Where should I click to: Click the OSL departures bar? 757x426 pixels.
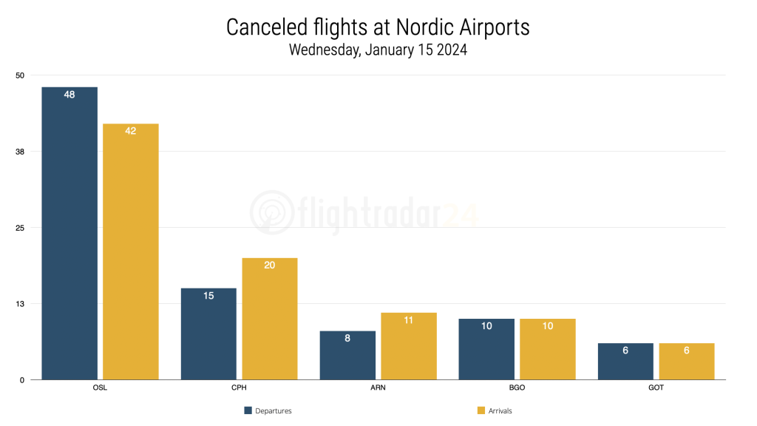pos(69,233)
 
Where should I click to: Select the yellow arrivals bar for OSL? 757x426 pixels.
pos(131,251)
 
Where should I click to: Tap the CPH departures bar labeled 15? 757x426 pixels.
pos(208,334)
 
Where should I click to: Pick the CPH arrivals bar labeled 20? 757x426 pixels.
pos(270,319)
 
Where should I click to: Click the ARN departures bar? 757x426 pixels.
pos(347,355)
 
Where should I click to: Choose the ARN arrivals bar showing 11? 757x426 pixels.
pos(409,346)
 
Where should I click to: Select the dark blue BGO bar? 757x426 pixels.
pos(486,349)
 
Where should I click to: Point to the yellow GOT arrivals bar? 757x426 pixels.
pos(687,361)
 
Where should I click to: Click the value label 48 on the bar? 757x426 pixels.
pos(69,95)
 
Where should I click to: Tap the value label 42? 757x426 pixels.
pos(131,131)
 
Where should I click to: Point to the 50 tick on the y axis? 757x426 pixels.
pos(20,75)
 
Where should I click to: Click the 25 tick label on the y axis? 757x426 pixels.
pos(20,228)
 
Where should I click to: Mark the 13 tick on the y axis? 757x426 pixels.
pos(20,304)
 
